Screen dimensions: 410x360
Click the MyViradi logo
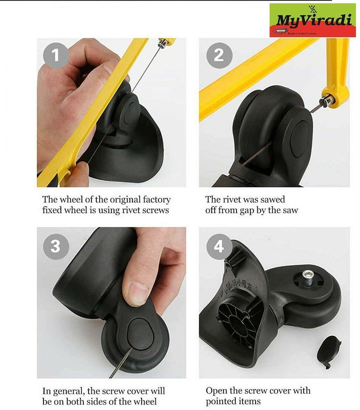pyautogui.click(x=312, y=20)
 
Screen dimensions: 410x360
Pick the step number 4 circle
pyautogui.click(x=219, y=247)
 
